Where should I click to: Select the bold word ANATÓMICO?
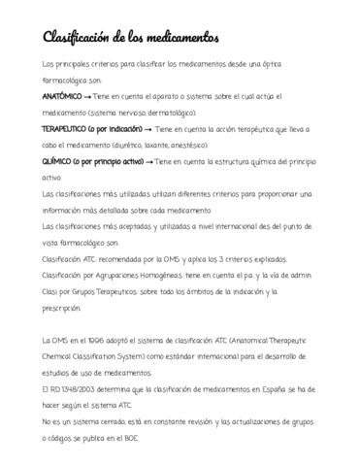point(62,98)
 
